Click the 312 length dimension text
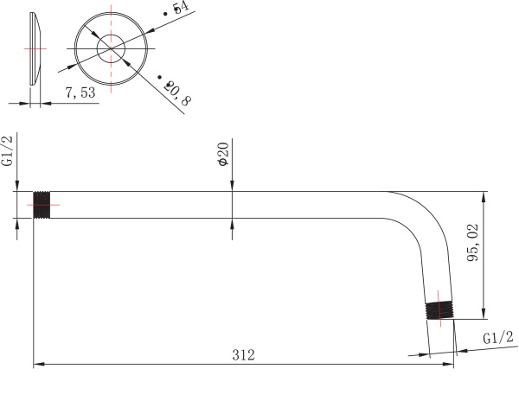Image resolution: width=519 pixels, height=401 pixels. tap(244, 354)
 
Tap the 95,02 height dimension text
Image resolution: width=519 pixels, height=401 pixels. tap(472, 243)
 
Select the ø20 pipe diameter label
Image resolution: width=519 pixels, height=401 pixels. tap(223, 155)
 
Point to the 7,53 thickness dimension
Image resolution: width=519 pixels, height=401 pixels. tap(80, 92)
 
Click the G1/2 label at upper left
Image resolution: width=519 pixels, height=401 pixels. tap(8, 150)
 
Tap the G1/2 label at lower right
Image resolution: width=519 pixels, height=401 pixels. tap(498, 338)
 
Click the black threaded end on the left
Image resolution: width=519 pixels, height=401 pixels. tap(42, 205)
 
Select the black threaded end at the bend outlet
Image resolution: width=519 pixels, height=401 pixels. tap(439, 310)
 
